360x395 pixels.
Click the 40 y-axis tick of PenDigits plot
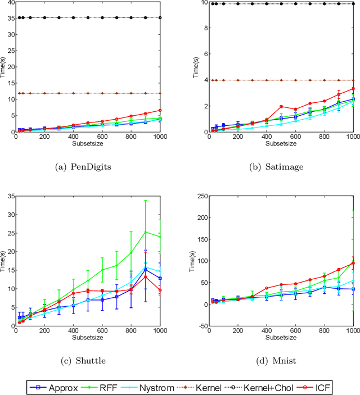point(9,3)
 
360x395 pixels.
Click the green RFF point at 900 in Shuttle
point(145,231)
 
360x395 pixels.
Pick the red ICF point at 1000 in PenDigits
point(160,110)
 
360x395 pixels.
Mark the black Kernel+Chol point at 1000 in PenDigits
point(160,17)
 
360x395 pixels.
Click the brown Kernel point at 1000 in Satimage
point(353,80)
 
